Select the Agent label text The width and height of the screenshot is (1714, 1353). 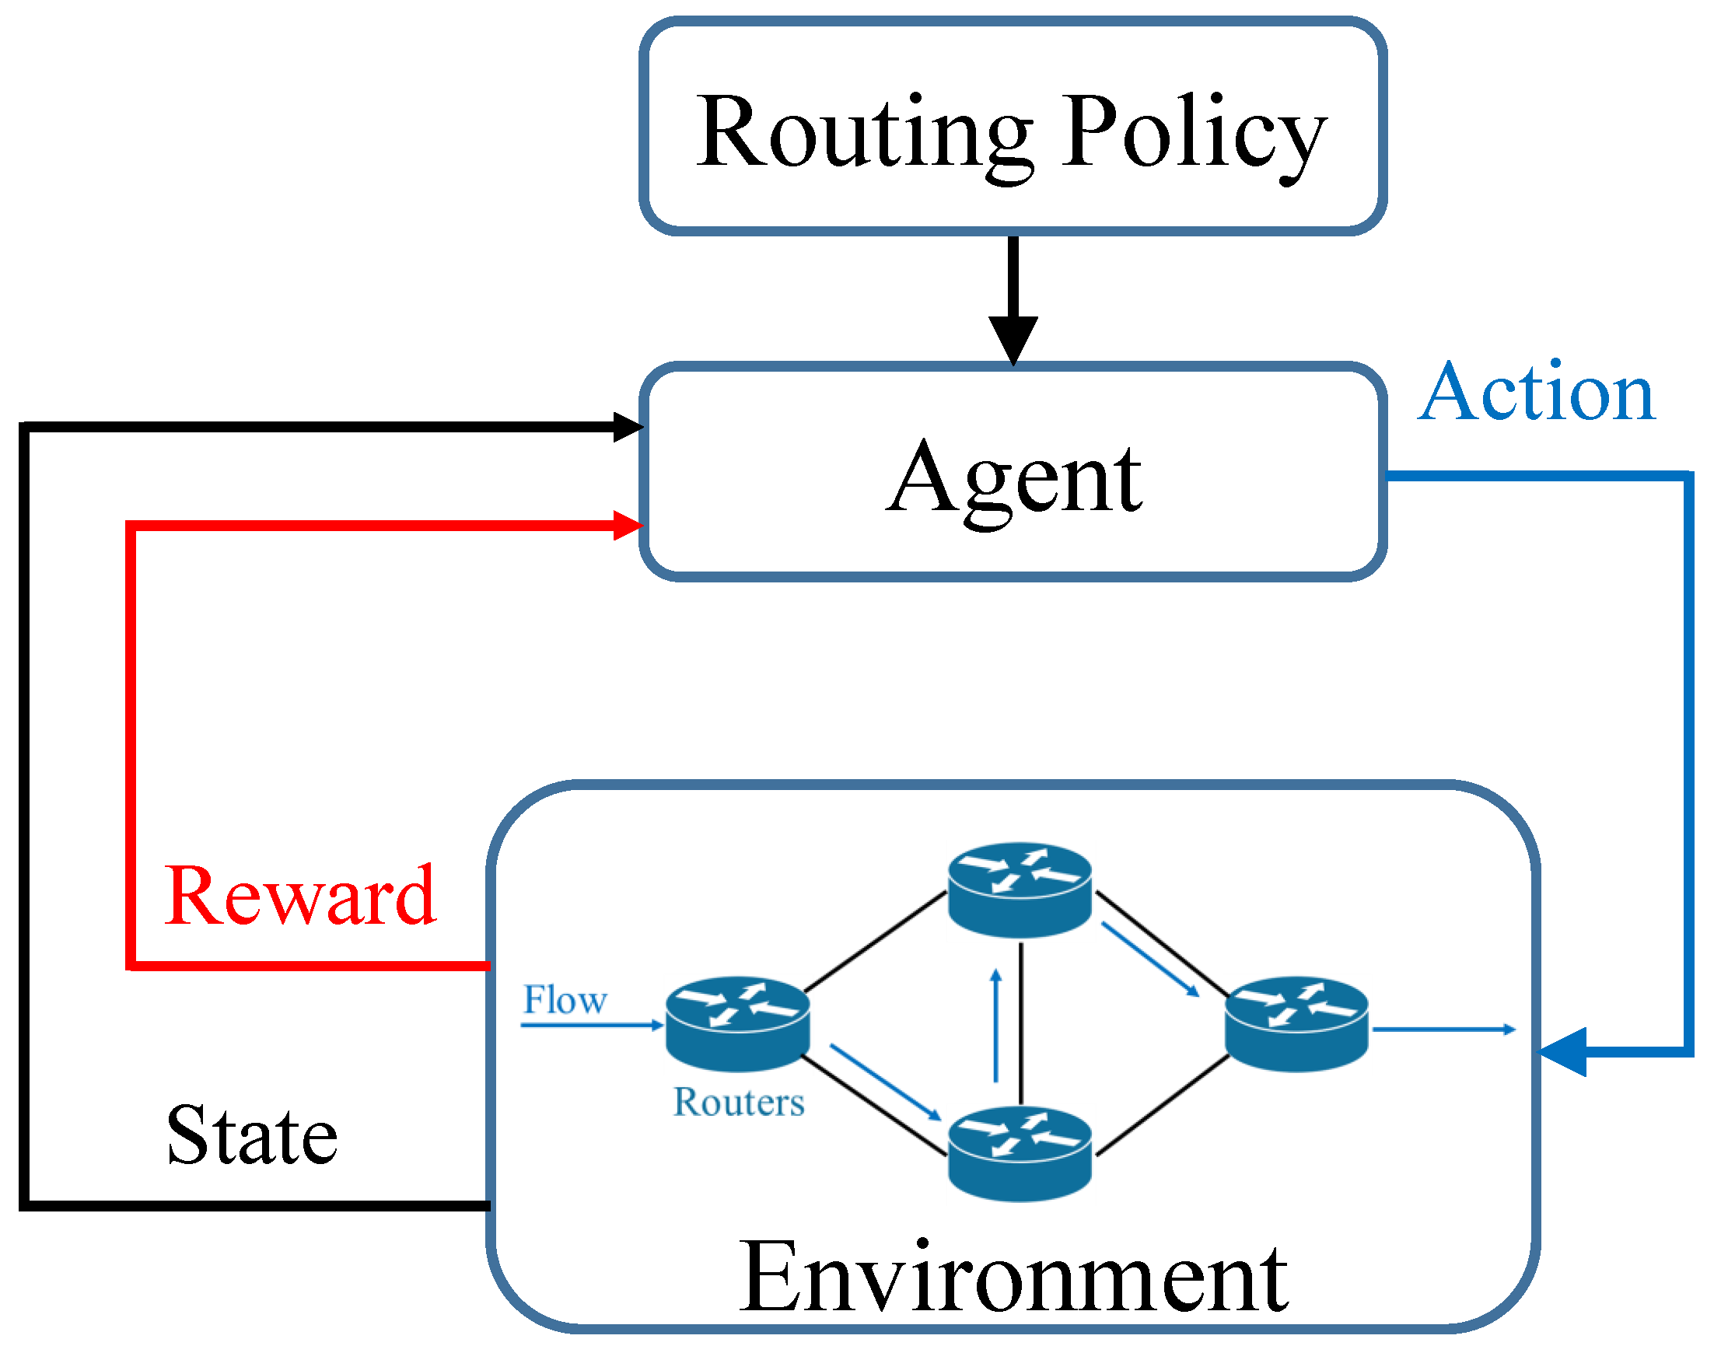click(x=1014, y=479)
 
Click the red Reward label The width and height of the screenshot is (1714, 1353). click(x=301, y=897)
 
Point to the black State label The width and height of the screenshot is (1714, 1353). click(x=252, y=1136)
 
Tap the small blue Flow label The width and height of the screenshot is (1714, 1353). click(x=565, y=1001)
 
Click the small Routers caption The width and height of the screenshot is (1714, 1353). click(x=738, y=1103)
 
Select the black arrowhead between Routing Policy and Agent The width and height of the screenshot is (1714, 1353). click(x=1013, y=339)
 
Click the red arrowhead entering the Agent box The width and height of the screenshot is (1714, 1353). click(x=628, y=525)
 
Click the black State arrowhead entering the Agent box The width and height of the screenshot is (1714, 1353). click(x=628, y=427)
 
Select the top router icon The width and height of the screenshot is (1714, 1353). click(x=1020, y=890)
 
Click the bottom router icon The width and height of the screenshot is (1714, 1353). click(x=1020, y=1152)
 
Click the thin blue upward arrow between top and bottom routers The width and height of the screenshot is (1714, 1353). click(x=996, y=1026)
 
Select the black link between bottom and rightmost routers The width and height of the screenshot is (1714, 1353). click(x=1163, y=1105)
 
